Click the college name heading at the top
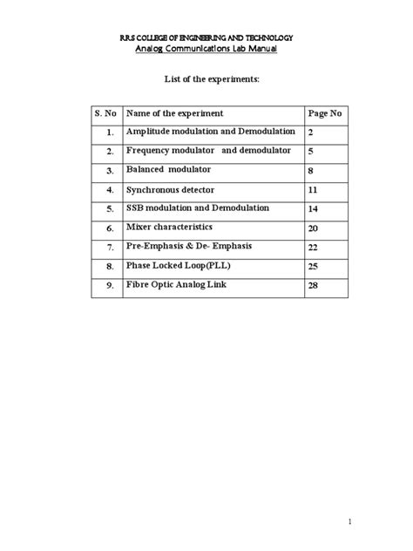206,37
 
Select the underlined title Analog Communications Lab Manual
206,50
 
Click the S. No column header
105,113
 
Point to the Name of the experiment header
174,113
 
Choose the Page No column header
325,113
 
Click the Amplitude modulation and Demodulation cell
210,132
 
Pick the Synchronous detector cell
170,188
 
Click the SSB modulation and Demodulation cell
198,207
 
